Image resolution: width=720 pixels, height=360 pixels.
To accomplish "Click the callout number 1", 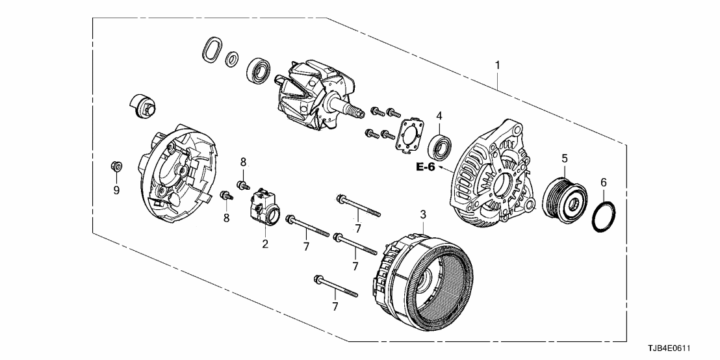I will pyautogui.click(x=498, y=65).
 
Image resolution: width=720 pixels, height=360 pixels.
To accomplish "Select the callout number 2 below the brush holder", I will pyautogui.click(x=265, y=244).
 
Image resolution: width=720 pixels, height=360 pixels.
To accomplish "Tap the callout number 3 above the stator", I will pyautogui.click(x=422, y=214).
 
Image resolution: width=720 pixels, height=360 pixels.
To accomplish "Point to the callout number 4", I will pyautogui.click(x=439, y=116).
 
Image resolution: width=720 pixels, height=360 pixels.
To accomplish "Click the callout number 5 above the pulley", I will pyautogui.click(x=565, y=157).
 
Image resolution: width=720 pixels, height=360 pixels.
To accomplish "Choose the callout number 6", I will pyautogui.click(x=604, y=183).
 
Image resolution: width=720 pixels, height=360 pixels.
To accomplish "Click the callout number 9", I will pyautogui.click(x=116, y=190).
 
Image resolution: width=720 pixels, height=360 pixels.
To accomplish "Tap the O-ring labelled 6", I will pyautogui.click(x=604, y=216).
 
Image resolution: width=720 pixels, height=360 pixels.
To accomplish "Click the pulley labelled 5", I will pyautogui.click(x=565, y=194).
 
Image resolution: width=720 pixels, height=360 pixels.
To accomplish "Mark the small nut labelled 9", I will pyautogui.click(x=115, y=166).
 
